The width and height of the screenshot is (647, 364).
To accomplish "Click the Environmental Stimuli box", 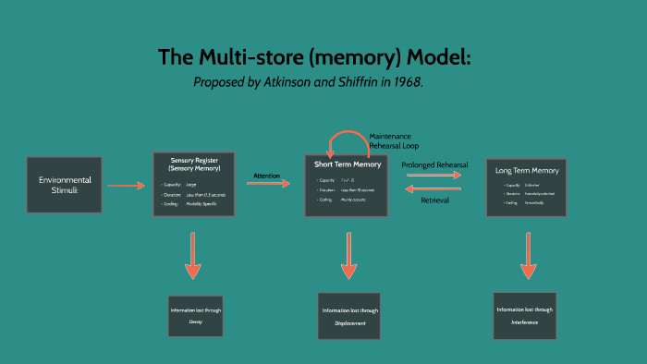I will (x=65, y=185).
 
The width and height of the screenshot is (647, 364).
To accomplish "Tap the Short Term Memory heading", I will (x=348, y=164).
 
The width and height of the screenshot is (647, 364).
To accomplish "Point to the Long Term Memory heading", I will (x=527, y=170).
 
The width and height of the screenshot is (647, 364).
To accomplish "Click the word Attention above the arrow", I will (x=267, y=175).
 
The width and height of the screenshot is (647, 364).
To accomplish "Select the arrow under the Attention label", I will (x=268, y=184).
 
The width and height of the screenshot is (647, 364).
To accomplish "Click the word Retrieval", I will (x=434, y=200).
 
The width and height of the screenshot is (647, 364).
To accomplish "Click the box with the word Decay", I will (x=195, y=315).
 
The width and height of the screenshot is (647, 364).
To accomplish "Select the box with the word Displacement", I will (x=349, y=317).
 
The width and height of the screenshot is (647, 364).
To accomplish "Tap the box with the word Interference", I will (x=524, y=316).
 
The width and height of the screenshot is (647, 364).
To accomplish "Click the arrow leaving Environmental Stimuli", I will (x=126, y=186).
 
